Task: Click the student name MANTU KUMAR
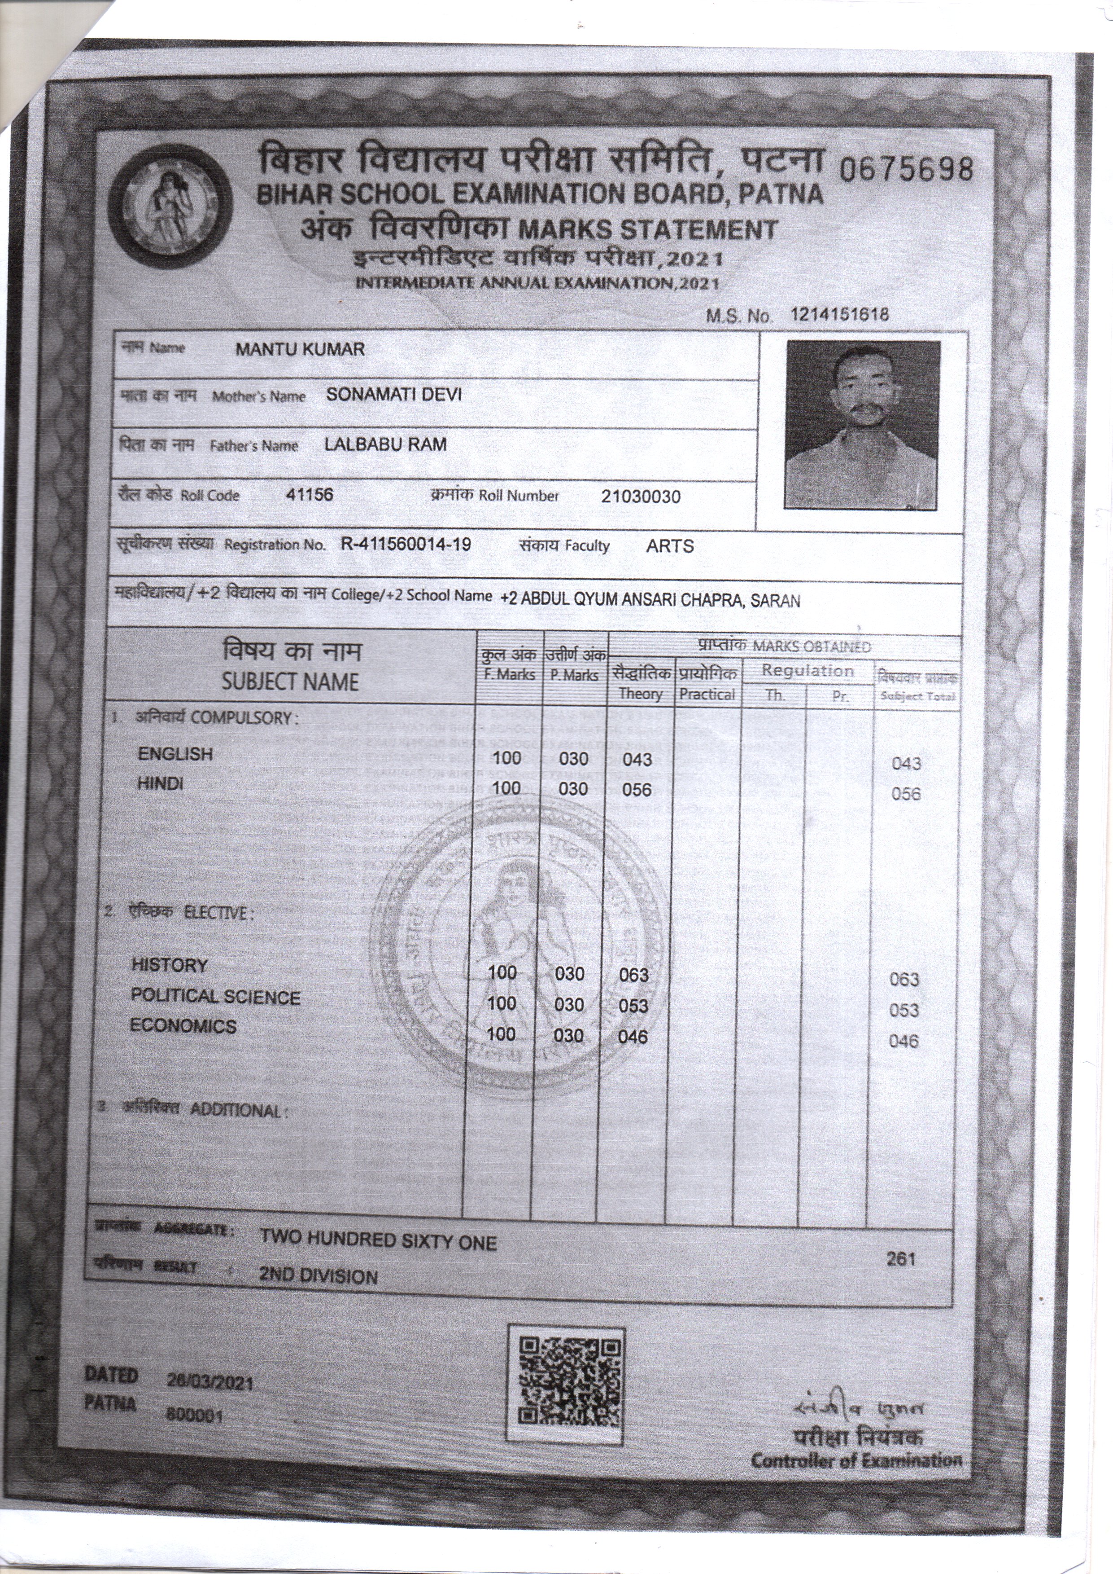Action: point(300,349)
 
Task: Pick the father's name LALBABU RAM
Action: point(385,444)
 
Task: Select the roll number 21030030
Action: point(640,497)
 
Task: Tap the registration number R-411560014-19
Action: point(406,545)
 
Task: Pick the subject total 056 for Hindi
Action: point(905,794)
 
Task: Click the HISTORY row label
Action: point(169,965)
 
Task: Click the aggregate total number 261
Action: point(900,1258)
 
